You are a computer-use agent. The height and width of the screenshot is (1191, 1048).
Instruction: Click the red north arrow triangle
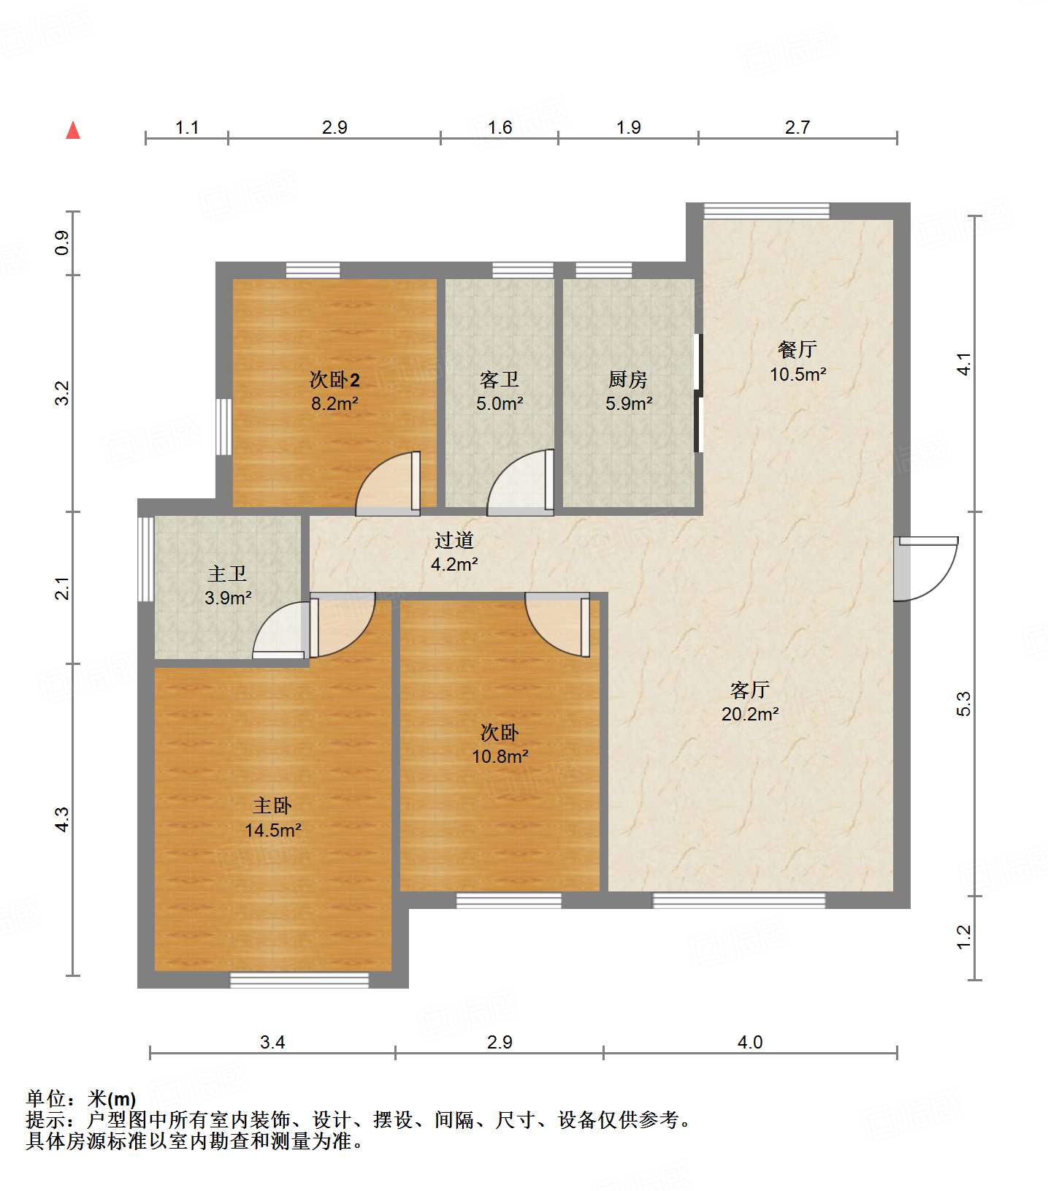(x=73, y=130)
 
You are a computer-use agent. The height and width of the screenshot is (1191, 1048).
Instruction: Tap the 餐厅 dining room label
(x=797, y=349)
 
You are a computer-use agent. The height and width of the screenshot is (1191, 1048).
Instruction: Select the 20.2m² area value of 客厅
(x=750, y=714)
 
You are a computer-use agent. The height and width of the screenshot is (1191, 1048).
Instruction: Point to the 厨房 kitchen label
(x=628, y=379)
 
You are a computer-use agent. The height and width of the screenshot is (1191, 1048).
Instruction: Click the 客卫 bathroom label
(x=500, y=379)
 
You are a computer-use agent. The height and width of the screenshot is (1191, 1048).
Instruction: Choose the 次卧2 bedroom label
(x=334, y=379)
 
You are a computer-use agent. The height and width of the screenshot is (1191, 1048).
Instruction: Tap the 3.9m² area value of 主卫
(x=228, y=598)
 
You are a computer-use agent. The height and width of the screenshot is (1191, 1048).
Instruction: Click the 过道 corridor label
(x=454, y=540)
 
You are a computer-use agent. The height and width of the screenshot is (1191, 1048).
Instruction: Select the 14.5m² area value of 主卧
(x=273, y=830)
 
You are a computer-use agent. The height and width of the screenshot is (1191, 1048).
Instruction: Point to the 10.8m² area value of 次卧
(x=500, y=756)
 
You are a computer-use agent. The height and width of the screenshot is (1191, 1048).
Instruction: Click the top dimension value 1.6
(x=500, y=127)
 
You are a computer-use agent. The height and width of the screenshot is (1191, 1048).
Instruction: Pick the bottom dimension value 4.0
(x=750, y=1042)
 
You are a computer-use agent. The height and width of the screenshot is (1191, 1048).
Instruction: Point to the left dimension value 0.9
(x=63, y=243)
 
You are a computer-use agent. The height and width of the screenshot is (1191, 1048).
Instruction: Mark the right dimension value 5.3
(x=964, y=703)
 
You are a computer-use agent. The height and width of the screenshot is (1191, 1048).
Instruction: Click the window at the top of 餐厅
(x=767, y=211)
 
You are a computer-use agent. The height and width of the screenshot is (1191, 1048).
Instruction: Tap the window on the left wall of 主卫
(x=145, y=559)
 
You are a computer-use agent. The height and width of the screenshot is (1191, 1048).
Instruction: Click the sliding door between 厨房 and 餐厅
(x=698, y=393)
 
